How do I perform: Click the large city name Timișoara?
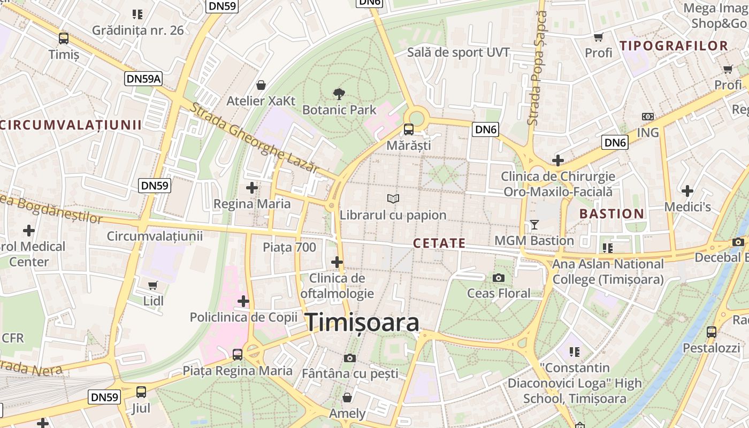coord(362,323)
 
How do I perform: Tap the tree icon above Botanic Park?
coord(339,95)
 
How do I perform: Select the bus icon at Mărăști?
coord(409,129)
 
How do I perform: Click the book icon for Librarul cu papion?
coord(393,198)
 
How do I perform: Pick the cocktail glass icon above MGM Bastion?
coord(534,224)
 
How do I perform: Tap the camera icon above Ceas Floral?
coord(499,278)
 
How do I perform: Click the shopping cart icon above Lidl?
coord(153,285)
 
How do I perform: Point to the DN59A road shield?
coord(143,79)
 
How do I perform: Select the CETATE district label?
coord(439,244)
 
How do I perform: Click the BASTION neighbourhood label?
coord(612,214)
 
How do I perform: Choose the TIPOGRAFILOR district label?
coord(674,46)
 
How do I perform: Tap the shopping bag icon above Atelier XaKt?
coord(261,85)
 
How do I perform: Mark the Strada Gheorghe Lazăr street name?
coord(255,137)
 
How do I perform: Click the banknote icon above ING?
coord(648,117)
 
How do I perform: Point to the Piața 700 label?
coord(289,247)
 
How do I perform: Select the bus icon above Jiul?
coord(141,392)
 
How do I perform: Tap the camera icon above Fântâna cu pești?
coord(350,358)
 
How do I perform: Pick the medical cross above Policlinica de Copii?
coord(243,301)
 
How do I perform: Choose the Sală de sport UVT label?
coord(458,52)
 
